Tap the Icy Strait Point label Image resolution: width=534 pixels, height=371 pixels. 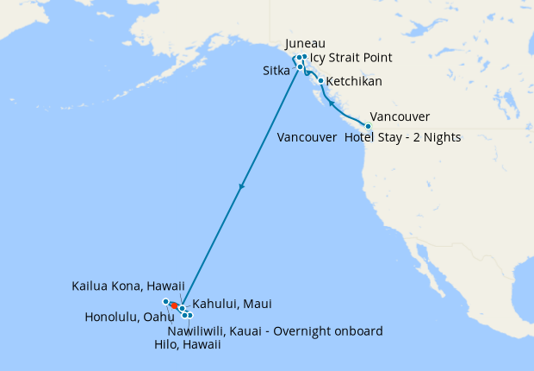pos(351,58)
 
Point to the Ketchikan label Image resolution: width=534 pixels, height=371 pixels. pos(355,82)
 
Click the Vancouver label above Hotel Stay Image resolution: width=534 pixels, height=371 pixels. pos(400,117)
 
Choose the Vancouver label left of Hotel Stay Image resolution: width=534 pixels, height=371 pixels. pos(307,137)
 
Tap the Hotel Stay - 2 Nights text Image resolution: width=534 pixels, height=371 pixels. pos(402,137)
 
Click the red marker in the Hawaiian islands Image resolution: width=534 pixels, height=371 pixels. pos(173,305)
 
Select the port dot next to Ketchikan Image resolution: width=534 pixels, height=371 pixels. pos(321,82)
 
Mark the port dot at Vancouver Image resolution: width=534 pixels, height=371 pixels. pos(369,127)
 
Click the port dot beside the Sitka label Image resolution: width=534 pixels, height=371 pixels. pos(300,66)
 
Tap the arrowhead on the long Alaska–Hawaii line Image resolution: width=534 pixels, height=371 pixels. pos(242,185)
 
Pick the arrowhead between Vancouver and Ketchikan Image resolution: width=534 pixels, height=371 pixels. pos(330,103)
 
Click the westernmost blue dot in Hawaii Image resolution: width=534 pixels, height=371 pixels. pos(165,301)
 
